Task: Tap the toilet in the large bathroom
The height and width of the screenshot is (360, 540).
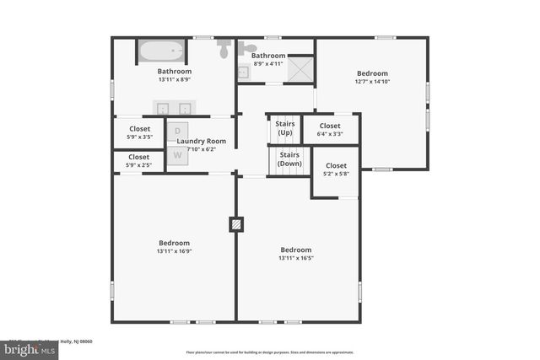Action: pyautogui.click(x=224, y=49)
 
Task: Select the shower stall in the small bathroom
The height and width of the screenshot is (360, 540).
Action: pyautogui.click(x=300, y=68)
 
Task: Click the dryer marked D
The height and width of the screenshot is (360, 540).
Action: pyautogui.click(x=178, y=131)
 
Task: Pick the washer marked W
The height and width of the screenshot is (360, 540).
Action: pyautogui.click(x=178, y=154)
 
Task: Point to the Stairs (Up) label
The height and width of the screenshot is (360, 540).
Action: pyautogui.click(x=285, y=129)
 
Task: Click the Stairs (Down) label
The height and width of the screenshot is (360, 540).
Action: pyautogui.click(x=289, y=159)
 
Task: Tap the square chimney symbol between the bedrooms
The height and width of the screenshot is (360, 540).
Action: pyautogui.click(x=236, y=224)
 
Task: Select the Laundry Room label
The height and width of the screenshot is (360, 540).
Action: pyautogui.click(x=202, y=141)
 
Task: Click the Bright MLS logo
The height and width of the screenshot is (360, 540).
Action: pyautogui.click(x=29, y=348)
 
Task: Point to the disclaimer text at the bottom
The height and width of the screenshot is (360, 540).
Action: pyautogui.click(x=270, y=352)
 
